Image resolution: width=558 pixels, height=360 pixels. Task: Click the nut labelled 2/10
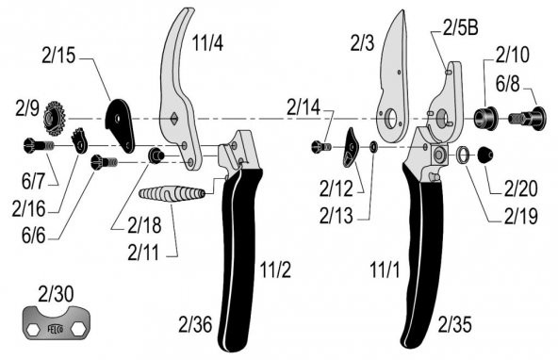(x=486, y=119)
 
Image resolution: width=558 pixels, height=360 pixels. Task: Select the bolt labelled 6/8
(x=525, y=120)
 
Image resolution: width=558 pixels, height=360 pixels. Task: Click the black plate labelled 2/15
(x=123, y=123)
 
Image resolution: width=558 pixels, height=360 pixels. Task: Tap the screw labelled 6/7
(x=35, y=145)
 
